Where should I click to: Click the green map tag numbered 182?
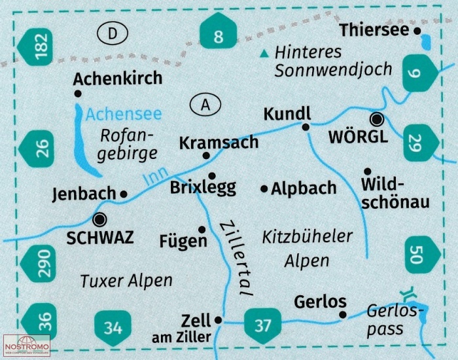tap(36, 46)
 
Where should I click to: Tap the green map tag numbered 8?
tap(218, 31)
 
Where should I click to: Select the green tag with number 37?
tap(262, 325)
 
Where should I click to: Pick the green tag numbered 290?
tap(38, 263)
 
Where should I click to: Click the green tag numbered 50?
tap(423, 255)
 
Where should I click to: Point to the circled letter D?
tap(113, 33)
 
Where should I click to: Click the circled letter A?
tap(205, 104)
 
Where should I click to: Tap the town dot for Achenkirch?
tap(78, 94)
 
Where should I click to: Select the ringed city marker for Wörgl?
tap(377, 119)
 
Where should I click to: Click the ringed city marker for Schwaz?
tap(99, 219)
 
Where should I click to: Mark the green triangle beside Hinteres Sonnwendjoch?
tap(264, 53)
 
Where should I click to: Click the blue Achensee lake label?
tap(123, 115)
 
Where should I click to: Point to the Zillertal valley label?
tap(236, 259)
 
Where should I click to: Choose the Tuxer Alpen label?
tap(126, 281)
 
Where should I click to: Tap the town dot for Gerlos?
tap(343, 315)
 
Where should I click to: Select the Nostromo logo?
tap(27, 346)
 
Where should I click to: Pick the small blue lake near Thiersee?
tap(425, 42)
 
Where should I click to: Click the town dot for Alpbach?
tap(264, 189)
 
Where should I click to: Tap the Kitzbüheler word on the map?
tap(308, 236)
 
